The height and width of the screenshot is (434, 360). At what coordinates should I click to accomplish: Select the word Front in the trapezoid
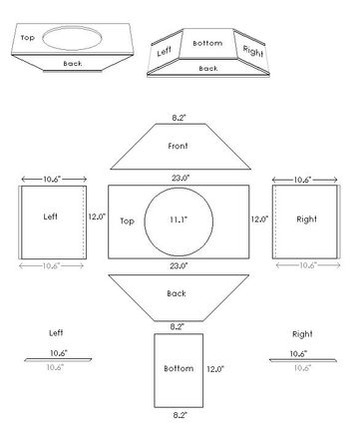pyautogui.click(x=180, y=147)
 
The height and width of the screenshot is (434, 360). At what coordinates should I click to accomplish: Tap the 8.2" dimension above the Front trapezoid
pyautogui.click(x=180, y=118)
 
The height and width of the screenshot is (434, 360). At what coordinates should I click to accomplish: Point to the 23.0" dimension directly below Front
pyautogui.click(x=180, y=178)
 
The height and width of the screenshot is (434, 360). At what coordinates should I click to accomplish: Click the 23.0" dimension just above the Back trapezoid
pyautogui.click(x=180, y=265)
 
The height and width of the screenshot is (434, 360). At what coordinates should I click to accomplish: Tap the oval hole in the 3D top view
pyautogui.click(x=75, y=40)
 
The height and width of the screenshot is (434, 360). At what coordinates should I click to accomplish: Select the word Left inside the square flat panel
pyautogui.click(x=51, y=215)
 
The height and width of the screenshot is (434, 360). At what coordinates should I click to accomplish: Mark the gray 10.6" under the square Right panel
pyautogui.click(x=305, y=265)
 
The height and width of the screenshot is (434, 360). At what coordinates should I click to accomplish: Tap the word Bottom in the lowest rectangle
pyautogui.click(x=178, y=368)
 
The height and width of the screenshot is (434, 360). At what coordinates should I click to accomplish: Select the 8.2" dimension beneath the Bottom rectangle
pyautogui.click(x=178, y=412)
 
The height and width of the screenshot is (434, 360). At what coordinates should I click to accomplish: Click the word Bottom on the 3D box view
pyautogui.click(x=207, y=44)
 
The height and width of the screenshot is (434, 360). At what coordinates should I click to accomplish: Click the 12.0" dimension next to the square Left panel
pyautogui.click(x=96, y=216)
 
